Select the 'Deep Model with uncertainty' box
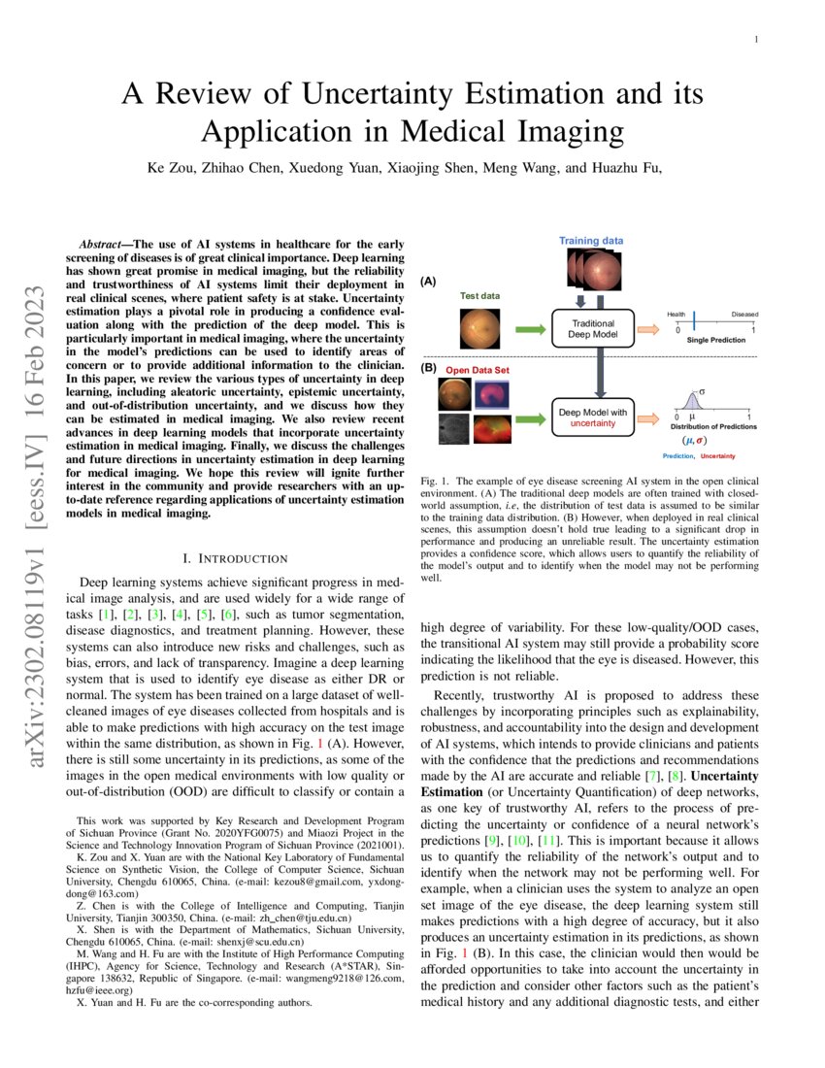click(x=592, y=417)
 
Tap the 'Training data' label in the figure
click(x=590, y=240)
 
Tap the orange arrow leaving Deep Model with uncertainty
click(x=651, y=417)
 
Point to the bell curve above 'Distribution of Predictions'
click(x=692, y=400)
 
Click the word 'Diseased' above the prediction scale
click(x=744, y=315)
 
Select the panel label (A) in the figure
click(x=428, y=281)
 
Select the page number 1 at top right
click(x=755, y=40)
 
